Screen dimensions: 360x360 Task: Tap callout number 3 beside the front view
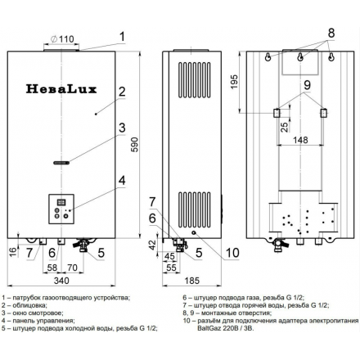tap(120, 128)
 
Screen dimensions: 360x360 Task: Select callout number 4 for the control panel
tap(120, 181)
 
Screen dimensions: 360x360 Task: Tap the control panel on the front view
tap(61, 209)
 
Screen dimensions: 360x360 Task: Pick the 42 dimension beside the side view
tap(152, 243)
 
